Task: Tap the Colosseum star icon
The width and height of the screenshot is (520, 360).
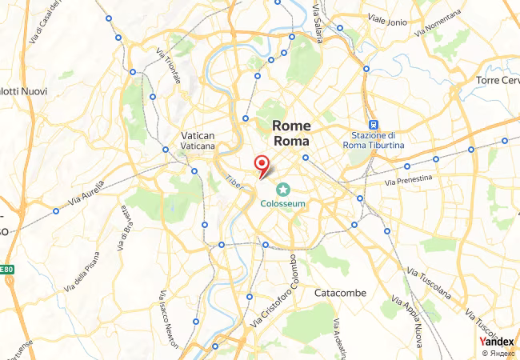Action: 282,189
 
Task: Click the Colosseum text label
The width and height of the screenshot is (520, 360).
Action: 282,204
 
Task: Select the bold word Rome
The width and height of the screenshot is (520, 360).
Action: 291,126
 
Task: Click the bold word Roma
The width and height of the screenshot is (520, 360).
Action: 291,141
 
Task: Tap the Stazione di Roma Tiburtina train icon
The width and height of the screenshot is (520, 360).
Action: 373,125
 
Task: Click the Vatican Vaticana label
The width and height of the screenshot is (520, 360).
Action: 198,141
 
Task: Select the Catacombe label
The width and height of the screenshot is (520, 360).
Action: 340,293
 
